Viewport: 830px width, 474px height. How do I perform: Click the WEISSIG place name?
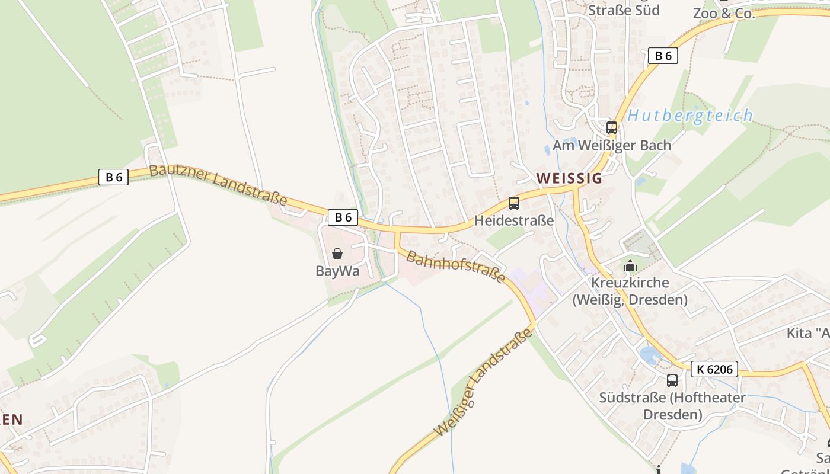pyautogui.click(x=569, y=178)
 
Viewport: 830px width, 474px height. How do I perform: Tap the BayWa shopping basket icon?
pyautogui.click(x=337, y=254)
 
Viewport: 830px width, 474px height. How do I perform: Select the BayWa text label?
pyautogui.click(x=337, y=271)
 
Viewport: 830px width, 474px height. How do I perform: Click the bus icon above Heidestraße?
pyautogui.click(x=514, y=203)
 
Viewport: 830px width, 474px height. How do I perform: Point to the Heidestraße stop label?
pyautogui.click(x=514, y=221)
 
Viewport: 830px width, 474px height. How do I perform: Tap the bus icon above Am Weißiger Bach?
pyautogui.click(x=612, y=128)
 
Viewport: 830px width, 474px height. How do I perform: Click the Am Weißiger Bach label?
pyautogui.click(x=612, y=145)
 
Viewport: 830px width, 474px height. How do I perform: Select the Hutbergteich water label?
pyautogui.click(x=690, y=116)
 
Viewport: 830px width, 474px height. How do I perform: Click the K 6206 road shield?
pyautogui.click(x=714, y=369)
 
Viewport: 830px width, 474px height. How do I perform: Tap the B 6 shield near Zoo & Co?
pyautogui.click(x=663, y=56)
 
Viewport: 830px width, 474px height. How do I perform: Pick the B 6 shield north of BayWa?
pyautogui.click(x=343, y=217)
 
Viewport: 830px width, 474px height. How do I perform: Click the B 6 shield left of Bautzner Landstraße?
pyautogui.click(x=113, y=177)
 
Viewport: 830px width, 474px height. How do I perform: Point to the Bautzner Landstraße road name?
pyautogui.click(x=218, y=184)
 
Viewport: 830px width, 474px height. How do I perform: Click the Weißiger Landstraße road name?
pyautogui.click(x=484, y=383)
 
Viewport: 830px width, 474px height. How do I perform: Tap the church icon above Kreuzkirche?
pyautogui.click(x=630, y=265)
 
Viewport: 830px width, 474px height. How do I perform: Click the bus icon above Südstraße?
pyautogui.click(x=672, y=380)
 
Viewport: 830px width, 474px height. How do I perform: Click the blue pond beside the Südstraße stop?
pyautogui.click(x=650, y=355)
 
